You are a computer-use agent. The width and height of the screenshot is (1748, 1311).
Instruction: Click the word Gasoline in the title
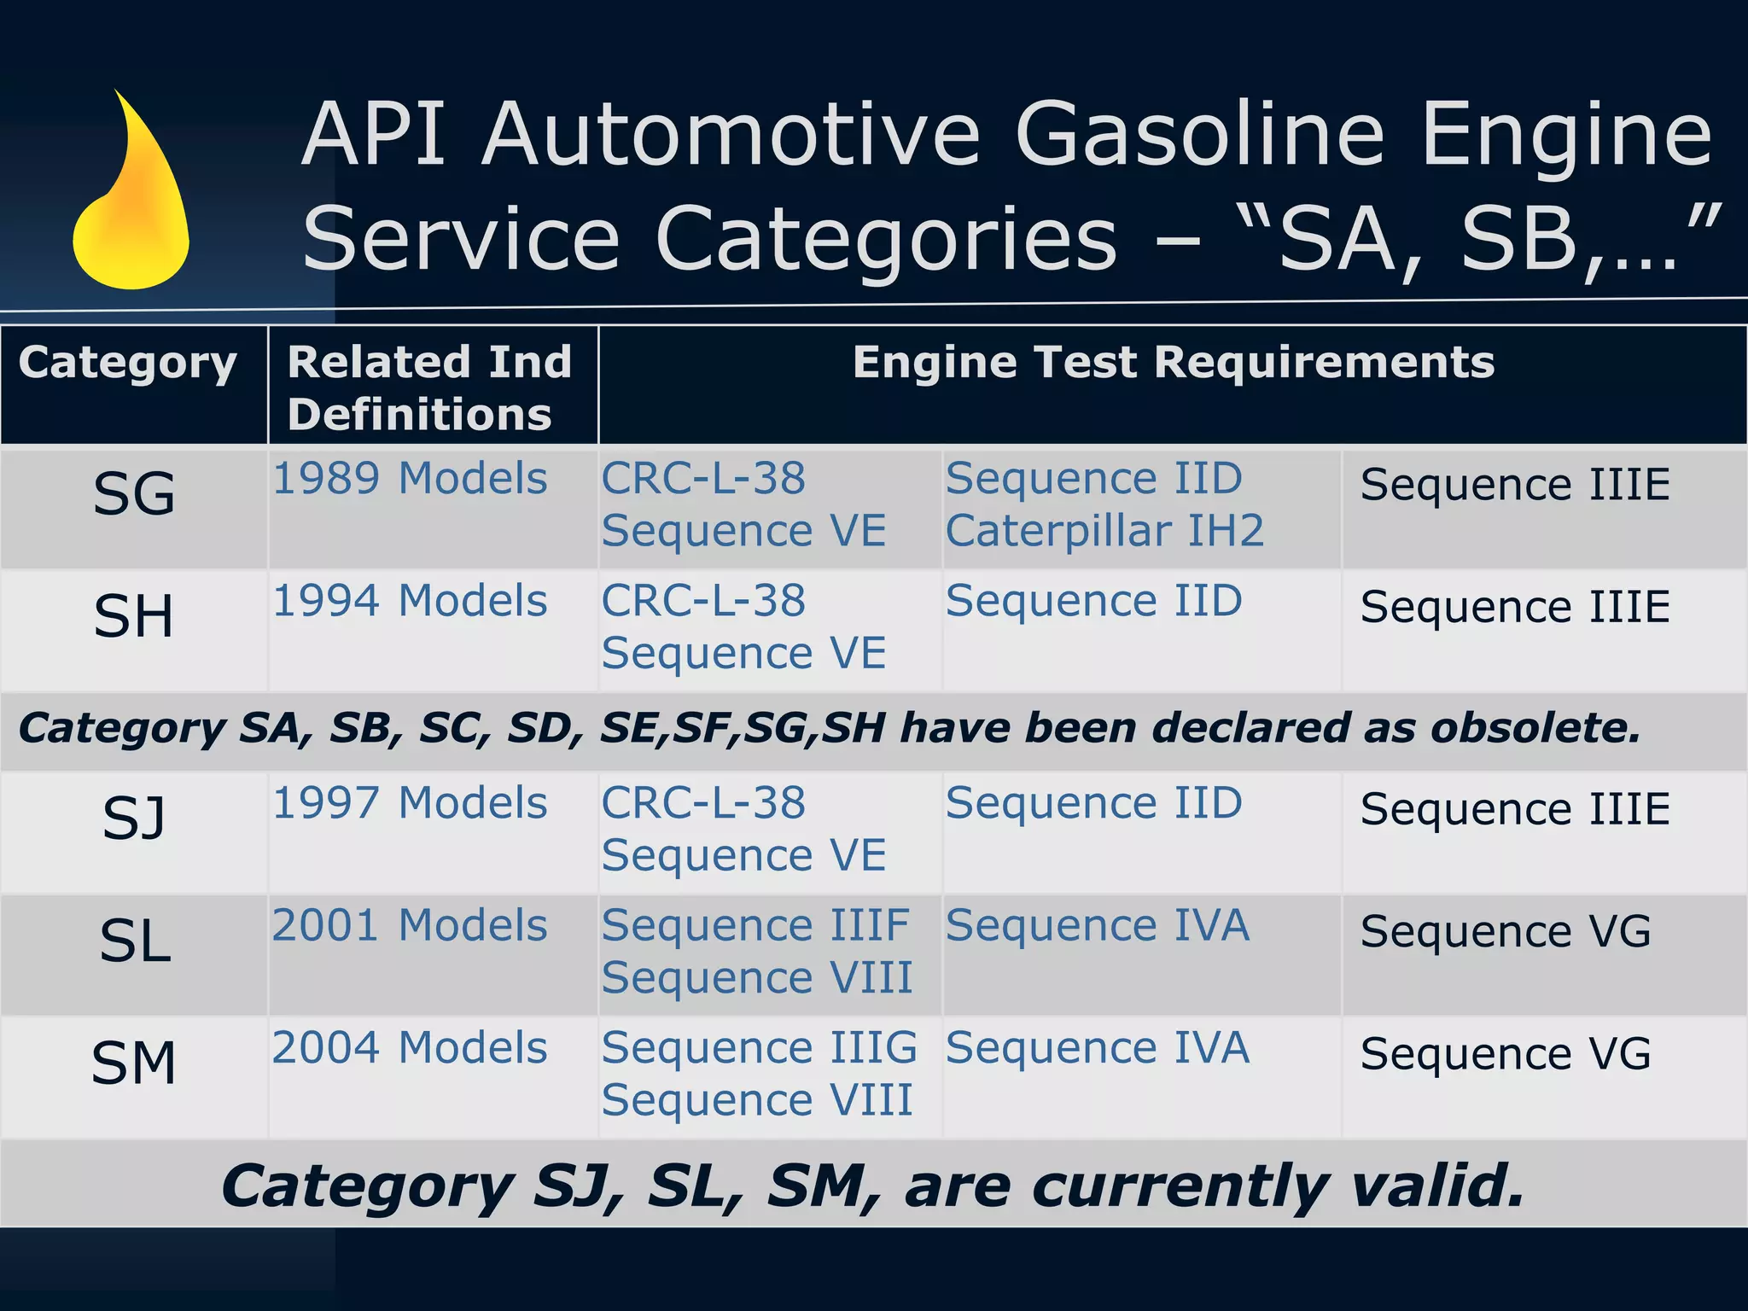1200,135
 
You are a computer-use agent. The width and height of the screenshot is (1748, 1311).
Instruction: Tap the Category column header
128,364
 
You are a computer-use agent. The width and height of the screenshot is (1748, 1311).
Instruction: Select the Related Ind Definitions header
429,387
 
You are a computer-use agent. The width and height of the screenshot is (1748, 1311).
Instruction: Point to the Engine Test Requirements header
1173,362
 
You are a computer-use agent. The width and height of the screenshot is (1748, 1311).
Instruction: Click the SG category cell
134,494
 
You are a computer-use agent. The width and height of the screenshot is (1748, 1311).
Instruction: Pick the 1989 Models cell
410,479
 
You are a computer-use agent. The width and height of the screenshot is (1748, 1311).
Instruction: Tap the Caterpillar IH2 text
1104,531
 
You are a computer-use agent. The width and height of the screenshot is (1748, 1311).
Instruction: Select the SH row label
134,616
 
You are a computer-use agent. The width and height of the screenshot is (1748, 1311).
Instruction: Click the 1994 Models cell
410,601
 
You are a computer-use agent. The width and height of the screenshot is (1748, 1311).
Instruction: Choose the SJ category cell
134,818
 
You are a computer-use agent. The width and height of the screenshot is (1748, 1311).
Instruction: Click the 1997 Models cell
410,803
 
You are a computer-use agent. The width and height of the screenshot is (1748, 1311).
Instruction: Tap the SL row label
135,941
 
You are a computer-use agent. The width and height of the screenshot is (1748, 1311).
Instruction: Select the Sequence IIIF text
755,925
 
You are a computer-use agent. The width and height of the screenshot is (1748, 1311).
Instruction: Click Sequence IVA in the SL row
1098,925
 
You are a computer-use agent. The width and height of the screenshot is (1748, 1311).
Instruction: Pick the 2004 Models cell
410,1048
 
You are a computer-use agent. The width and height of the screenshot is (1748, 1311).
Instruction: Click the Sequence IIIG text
759,1048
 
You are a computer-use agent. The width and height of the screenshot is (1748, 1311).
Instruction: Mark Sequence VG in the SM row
1506,1054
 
